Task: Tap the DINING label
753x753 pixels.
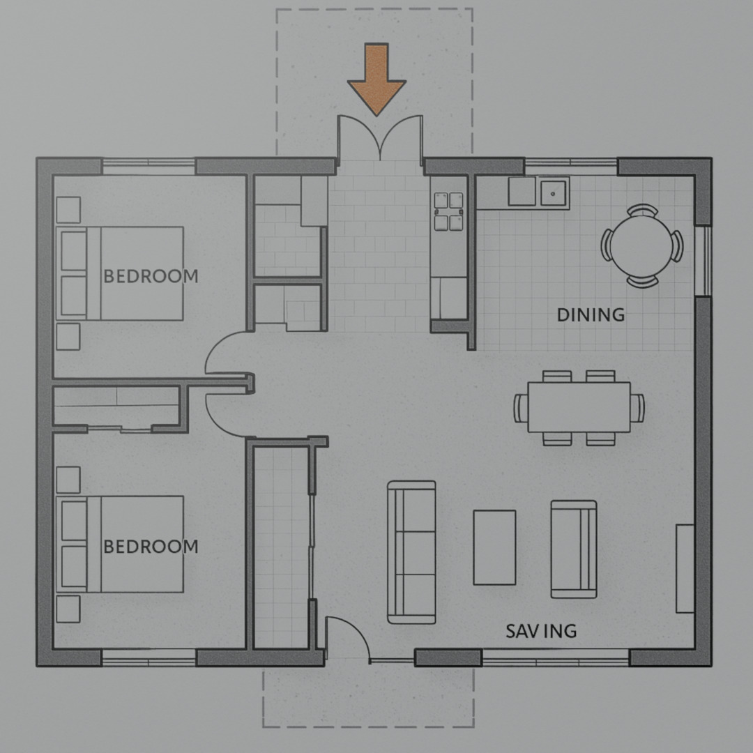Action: click(591, 315)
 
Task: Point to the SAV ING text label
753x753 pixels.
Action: click(541, 631)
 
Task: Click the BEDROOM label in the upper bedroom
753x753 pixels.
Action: click(151, 276)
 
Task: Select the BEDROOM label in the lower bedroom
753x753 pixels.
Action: click(151, 546)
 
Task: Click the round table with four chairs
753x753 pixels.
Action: click(642, 246)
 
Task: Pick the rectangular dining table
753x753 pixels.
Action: click(579, 407)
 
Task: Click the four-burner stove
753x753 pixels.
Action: click(449, 211)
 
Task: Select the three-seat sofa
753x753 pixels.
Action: click(411, 552)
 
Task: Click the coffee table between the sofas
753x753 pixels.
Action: click(494, 547)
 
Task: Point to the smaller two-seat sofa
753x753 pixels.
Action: click(573, 549)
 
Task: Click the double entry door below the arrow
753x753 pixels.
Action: click(380, 139)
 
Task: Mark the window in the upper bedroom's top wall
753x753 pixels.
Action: click(149, 166)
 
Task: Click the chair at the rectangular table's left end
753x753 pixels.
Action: click(521, 408)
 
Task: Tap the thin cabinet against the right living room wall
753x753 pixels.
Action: click(685, 568)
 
